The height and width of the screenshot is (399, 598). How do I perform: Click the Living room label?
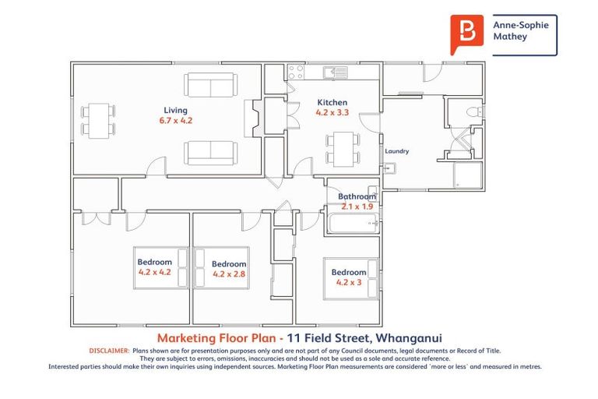pos(175,110)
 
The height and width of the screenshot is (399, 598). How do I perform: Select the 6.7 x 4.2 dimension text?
pos(175,122)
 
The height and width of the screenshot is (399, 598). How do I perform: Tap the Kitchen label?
pos(332,102)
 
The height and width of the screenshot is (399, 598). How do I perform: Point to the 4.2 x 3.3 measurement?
pos(332,113)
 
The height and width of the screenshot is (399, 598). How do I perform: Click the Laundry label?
pos(397,151)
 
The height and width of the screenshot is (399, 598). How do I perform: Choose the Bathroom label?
pos(357,196)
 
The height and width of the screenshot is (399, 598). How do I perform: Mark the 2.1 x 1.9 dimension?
pos(357,207)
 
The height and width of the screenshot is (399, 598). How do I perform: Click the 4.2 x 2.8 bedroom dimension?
pos(229,274)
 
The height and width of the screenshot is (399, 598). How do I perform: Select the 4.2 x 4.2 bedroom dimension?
pos(154,272)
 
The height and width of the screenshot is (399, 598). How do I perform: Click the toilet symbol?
pos(470,115)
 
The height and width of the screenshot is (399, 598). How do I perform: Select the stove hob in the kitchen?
pos(296,72)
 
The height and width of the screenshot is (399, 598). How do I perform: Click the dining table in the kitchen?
pos(343,147)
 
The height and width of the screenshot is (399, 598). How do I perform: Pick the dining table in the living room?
pos(99,119)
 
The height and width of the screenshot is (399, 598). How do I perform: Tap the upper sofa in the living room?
pos(210,85)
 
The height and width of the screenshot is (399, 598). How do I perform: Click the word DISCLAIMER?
pos(109,351)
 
